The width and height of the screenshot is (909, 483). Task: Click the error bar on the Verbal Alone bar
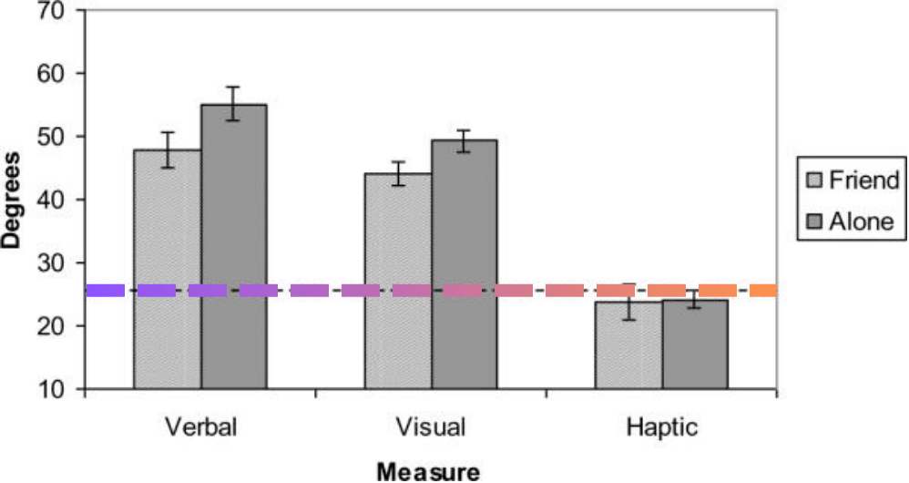[234, 104]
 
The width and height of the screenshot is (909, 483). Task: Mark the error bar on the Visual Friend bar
[398, 173]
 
